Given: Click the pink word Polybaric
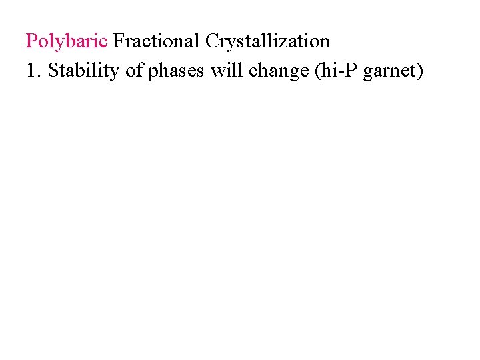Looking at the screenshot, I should click(x=66, y=41).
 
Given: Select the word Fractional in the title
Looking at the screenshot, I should click(x=157, y=41).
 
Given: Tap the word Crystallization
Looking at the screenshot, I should click(x=267, y=41).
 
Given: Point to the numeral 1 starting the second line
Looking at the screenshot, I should click(x=31, y=71).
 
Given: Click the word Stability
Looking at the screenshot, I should click(x=80, y=71).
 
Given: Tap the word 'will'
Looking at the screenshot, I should click(x=225, y=71).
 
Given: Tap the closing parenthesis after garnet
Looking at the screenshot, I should click(x=420, y=71).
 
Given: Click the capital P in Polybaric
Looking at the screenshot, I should click(x=31, y=41).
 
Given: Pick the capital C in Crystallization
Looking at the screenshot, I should click(x=212, y=41).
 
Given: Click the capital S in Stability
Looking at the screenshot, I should click(x=53, y=71).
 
